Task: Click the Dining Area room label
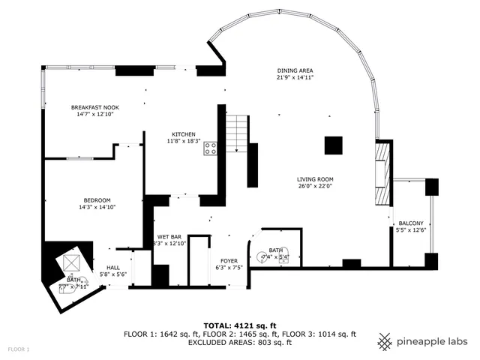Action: (295, 70)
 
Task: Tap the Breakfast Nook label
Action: (95, 107)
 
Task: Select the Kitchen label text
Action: (184, 133)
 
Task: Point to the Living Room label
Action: (315, 179)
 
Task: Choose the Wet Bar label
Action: (169, 236)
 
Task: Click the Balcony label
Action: (411, 223)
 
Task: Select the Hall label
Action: (113, 267)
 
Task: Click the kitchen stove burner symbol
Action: (211, 148)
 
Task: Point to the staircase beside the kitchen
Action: (237, 133)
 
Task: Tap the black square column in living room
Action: (334, 145)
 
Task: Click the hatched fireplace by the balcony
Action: (382, 173)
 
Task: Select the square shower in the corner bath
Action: (71, 262)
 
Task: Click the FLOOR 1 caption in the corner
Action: (19, 349)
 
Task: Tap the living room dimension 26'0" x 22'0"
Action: (315, 187)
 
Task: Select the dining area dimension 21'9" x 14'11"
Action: (295, 77)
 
